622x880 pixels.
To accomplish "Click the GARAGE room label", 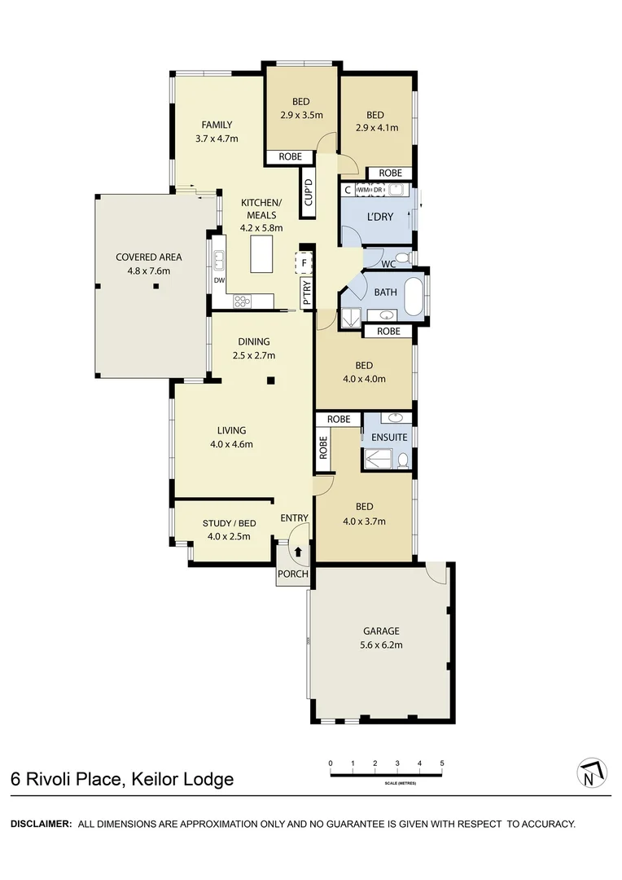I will click(381, 631).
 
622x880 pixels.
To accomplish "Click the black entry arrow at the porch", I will click(298, 552).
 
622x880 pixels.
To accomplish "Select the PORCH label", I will click(293, 574).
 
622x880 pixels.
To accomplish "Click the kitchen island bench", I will click(261, 254).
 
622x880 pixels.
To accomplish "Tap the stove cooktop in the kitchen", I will click(242, 301).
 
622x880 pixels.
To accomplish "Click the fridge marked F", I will click(304, 263).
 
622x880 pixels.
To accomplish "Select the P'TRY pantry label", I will click(306, 293).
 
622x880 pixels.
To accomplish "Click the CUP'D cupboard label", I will click(308, 196).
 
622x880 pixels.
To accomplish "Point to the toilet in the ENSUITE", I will click(402, 460).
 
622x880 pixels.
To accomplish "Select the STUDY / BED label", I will click(229, 523).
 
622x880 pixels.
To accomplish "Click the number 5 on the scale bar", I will click(441, 763).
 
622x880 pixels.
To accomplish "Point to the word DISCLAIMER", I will click(41, 824).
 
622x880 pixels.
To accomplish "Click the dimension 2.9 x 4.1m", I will click(377, 128).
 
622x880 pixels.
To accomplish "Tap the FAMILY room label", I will click(217, 125).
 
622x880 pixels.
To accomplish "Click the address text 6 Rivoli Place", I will click(64, 779).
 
